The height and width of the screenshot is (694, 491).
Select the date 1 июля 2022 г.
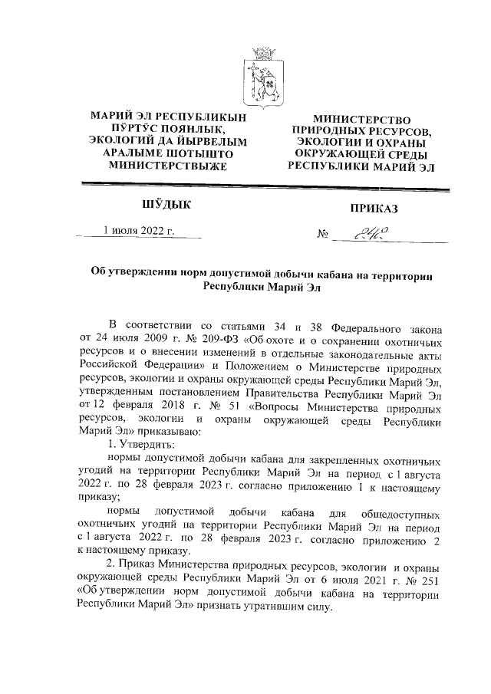click(x=140, y=229)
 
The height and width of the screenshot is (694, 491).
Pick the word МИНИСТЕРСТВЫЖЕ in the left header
click(x=168, y=164)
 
